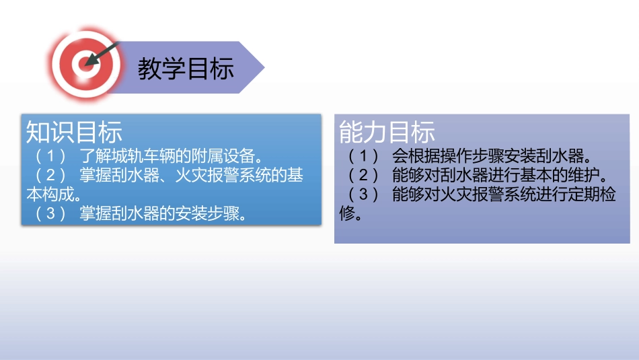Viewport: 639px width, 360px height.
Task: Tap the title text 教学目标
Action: coord(186,69)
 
